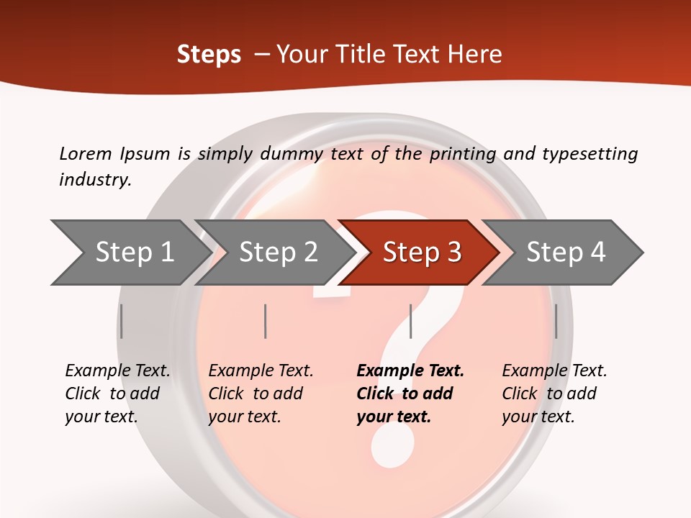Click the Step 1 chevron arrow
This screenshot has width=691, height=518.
[130, 252]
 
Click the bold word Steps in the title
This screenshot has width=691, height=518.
[209, 55]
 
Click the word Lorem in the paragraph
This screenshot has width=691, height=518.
[85, 153]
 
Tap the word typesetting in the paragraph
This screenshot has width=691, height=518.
[590, 154]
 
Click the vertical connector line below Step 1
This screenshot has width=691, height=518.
[122, 321]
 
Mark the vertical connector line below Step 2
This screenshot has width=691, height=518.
[266, 321]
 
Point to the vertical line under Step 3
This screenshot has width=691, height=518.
[410, 321]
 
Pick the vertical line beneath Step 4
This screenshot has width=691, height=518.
[556, 321]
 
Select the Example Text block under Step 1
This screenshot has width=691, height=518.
[117, 394]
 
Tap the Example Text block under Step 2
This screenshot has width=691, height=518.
[261, 394]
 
